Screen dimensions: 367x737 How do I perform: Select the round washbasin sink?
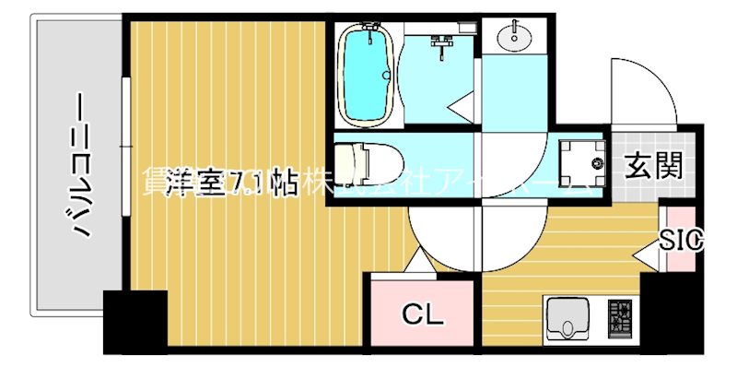[514, 38]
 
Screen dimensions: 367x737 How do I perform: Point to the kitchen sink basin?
[566, 318]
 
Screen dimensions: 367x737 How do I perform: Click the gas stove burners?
[618, 318]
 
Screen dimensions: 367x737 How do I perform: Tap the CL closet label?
[423, 315]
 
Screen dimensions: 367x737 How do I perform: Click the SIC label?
[681, 241]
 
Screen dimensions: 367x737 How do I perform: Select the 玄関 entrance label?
[654, 167]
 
